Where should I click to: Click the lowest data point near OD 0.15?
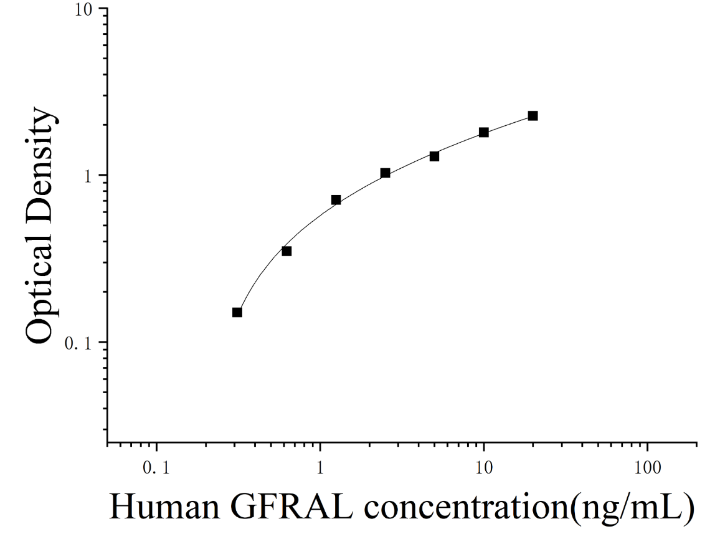pyautogui.click(x=237, y=312)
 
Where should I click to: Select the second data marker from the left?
pyautogui.click(x=286, y=251)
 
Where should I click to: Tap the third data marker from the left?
pyautogui.click(x=336, y=200)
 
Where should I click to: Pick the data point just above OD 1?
pyautogui.click(x=386, y=173)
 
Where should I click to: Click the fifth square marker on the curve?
pyautogui.click(x=434, y=156)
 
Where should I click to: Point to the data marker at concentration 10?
pyautogui.click(x=484, y=133)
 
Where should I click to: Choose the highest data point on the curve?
pyautogui.click(x=533, y=116)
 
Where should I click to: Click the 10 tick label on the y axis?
pyautogui.click(x=84, y=9)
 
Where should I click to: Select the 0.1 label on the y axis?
pyautogui.click(x=78, y=343)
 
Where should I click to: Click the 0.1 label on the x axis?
pyautogui.click(x=156, y=468)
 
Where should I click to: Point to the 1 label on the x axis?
pyautogui.click(x=320, y=468)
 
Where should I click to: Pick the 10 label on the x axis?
pyautogui.click(x=484, y=468)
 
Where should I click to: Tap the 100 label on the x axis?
pyautogui.click(x=647, y=468)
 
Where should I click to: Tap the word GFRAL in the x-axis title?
pyautogui.click(x=292, y=506)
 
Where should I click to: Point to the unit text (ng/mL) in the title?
pyautogui.click(x=633, y=507)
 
